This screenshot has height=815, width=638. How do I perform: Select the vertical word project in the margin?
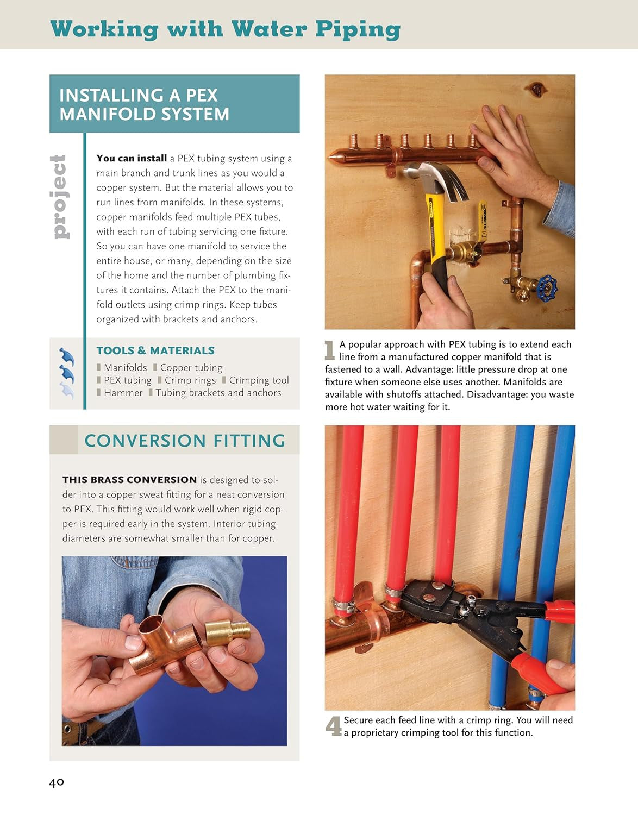(x=60, y=197)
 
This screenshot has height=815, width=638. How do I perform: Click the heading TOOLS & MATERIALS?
(x=155, y=350)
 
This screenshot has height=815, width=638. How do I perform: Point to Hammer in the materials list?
(x=123, y=393)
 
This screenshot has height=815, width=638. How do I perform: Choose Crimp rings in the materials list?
(x=190, y=380)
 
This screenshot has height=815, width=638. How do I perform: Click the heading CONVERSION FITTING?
(x=185, y=440)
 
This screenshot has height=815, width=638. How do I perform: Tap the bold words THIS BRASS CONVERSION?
(x=129, y=480)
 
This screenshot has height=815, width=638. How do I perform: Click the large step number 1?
(x=330, y=350)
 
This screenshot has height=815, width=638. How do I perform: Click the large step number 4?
(x=333, y=726)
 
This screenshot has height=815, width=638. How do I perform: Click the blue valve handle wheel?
(x=547, y=288)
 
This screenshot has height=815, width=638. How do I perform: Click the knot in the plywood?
(x=537, y=89)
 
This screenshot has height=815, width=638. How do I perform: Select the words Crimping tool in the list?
(x=259, y=380)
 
